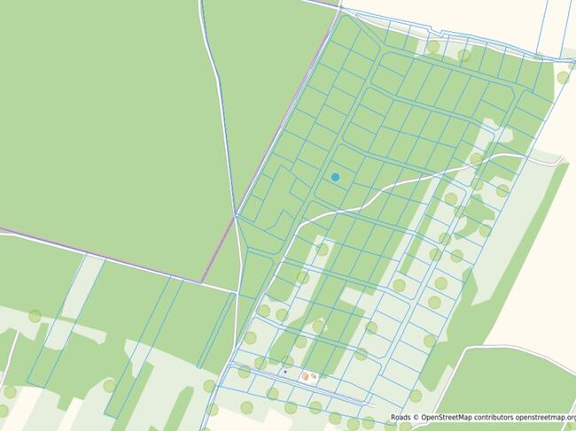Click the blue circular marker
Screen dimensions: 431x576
[335, 177]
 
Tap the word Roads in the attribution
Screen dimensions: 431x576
[402, 417]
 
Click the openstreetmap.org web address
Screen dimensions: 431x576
[546, 417]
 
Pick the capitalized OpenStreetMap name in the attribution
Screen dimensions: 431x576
[448, 417]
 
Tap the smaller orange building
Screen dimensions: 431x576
[314, 376]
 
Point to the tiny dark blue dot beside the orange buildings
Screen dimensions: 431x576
[285, 373]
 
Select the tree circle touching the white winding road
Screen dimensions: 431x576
[476, 160]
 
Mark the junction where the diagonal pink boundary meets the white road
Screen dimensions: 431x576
[237, 215]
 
